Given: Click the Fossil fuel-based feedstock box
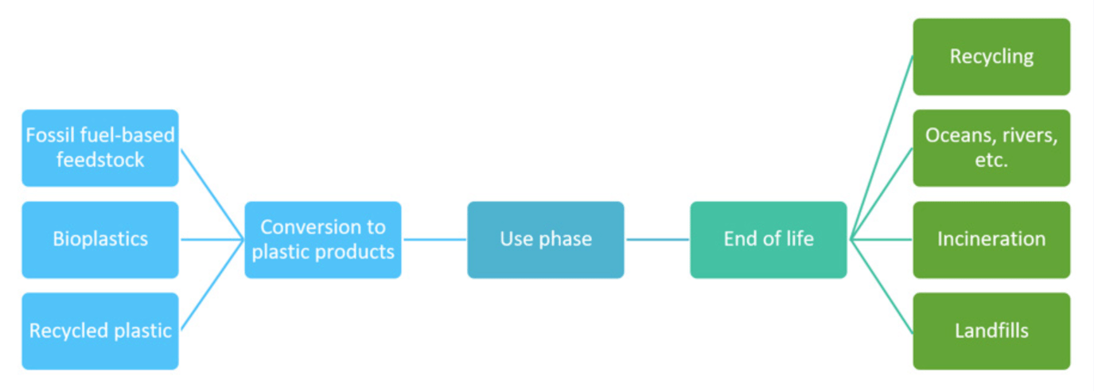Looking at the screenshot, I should (x=100, y=148).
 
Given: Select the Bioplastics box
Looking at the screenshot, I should (x=100, y=239).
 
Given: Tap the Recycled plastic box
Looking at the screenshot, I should (x=100, y=331).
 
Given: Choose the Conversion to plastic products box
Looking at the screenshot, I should (x=322, y=239).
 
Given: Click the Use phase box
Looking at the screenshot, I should (x=545, y=239).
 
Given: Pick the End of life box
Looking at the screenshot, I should (x=768, y=239).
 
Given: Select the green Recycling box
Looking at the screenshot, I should (x=991, y=57).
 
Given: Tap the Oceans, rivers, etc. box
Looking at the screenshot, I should (x=991, y=148).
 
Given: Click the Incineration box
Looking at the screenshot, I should (x=991, y=239).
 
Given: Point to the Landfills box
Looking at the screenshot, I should (x=991, y=331).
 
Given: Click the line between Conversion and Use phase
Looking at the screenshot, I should (x=434, y=239).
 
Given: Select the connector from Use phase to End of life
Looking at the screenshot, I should (x=657, y=239).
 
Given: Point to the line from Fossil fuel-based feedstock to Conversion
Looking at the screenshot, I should (x=212, y=193).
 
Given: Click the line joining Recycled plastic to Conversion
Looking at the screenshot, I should (x=212, y=285).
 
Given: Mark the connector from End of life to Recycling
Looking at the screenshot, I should (x=882, y=148).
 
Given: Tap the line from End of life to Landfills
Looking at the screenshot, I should (x=882, y=285).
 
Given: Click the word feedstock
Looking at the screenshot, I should (x=100, y=160).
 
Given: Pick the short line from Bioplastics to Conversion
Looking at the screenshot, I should (x=212, y=239).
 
